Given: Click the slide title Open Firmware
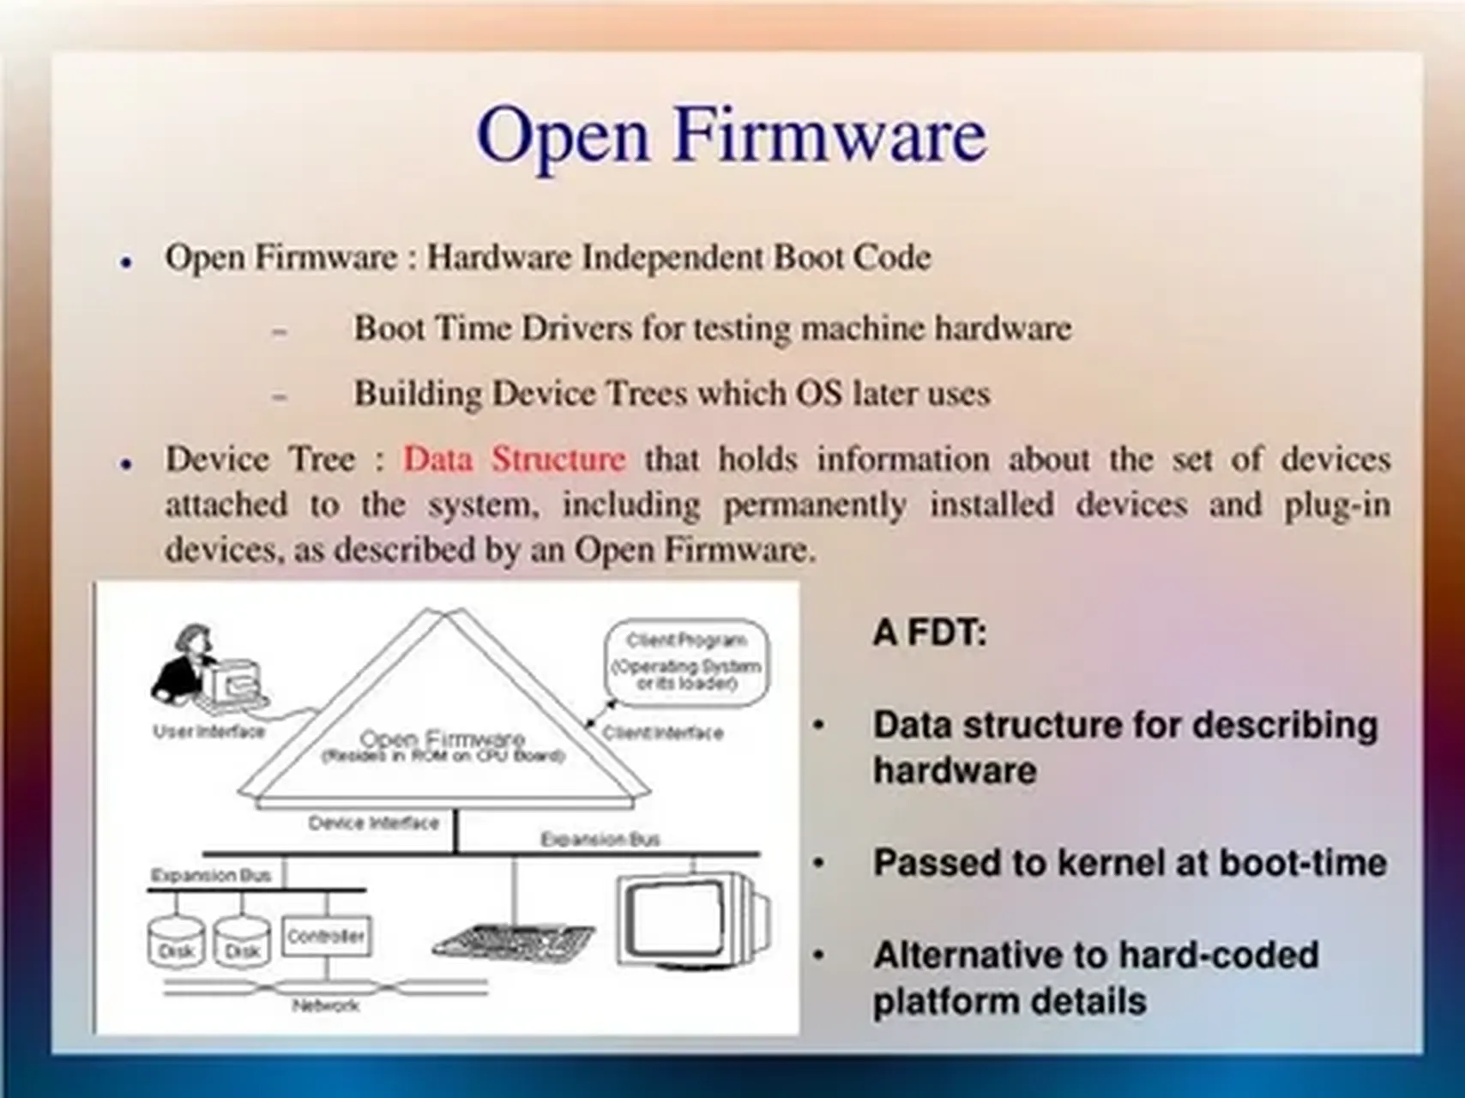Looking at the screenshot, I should pos(732,136).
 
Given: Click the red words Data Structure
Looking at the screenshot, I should pos(514,459).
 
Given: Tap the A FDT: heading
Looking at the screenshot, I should pos(930,633).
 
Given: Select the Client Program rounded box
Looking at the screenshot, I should pos(686,662).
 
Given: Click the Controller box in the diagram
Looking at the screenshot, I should pos(326,936).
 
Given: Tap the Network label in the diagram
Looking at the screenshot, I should pos(325,1005).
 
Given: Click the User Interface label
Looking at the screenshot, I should pos(208,732).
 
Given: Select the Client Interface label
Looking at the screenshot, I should pos(662,733).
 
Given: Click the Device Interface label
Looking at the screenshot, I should pos(373,823).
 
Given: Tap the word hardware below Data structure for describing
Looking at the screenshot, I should pos(954,770).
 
